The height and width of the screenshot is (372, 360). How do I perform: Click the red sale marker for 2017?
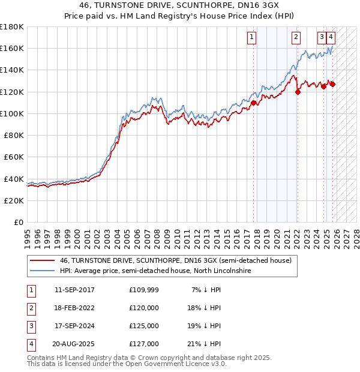tap(254, 103)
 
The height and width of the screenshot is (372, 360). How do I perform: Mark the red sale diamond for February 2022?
tap(298, 92)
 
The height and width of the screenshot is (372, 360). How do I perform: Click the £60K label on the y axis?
tap(13, 157)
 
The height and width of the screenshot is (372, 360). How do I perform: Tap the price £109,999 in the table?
tap(143, 290)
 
